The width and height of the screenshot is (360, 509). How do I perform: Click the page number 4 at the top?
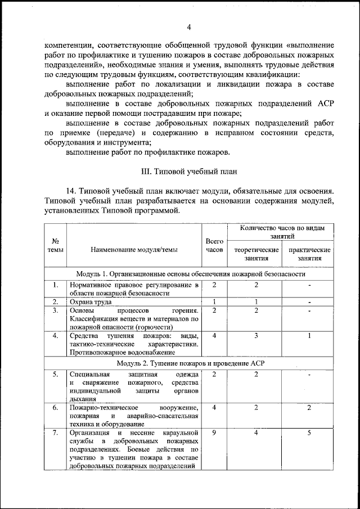tap(189, 27)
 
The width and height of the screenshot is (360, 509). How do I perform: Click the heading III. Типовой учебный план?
tap(189, 172)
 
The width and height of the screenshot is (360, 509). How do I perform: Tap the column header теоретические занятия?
tap(256, 254)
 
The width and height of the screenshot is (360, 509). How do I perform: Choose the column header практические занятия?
tap(309, 254)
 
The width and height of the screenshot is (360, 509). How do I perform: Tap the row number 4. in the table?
tap(56, 336)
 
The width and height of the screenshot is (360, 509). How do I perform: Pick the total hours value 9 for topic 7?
tap(214, 433)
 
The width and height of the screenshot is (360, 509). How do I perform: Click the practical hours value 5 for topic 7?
tap(309, 433)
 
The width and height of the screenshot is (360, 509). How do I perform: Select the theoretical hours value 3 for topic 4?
tap(256, 336)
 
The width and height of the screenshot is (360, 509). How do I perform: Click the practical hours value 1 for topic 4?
tap(309, 336)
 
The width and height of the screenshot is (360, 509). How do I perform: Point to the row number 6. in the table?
tap(56, 407)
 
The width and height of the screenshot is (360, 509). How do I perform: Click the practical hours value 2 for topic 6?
tap(309, 407)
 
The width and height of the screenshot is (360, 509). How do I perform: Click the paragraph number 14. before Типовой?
tap(73, 192)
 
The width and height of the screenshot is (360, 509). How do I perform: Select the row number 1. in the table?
tap(56, 285)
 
